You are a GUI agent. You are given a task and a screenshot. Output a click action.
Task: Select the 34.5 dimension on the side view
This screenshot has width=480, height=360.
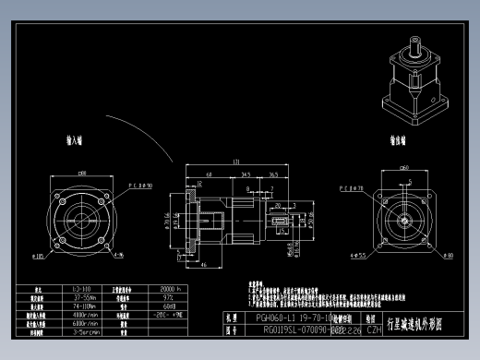tap(246, 173)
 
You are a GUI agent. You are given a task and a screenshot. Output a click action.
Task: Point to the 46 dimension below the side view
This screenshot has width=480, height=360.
tap(202, 264)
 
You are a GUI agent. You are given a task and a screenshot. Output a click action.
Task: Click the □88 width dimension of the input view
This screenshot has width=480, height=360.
tap(82, 172)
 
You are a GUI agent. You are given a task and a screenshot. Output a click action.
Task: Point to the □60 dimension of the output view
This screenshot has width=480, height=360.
tap(404, 168)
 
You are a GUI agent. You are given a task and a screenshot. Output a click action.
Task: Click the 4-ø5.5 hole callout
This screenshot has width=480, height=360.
tap(355, 257)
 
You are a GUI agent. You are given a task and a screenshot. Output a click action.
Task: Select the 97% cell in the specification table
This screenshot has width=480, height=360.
tap(169, 297)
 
